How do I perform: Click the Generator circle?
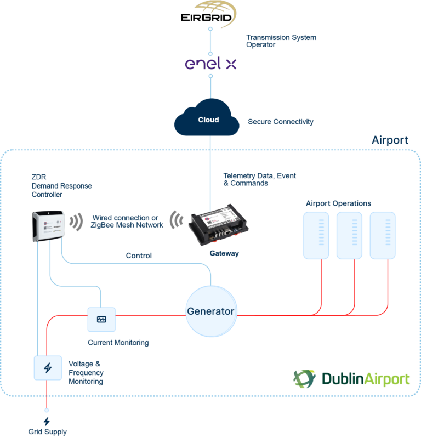tap(211, 311)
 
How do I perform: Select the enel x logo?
tap(210, 64)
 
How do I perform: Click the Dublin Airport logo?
tap(351, 378)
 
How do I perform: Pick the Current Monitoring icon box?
tap(101, 319)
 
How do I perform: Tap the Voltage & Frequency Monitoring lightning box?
tap(48, 367)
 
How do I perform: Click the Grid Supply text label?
tap(48, 432)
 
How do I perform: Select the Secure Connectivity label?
tap(281, 122)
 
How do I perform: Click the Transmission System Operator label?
tap(281, 41)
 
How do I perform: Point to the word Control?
tap(139, 256)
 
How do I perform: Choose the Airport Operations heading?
tap(338, 203)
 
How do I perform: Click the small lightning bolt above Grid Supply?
tap(47, 421)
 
